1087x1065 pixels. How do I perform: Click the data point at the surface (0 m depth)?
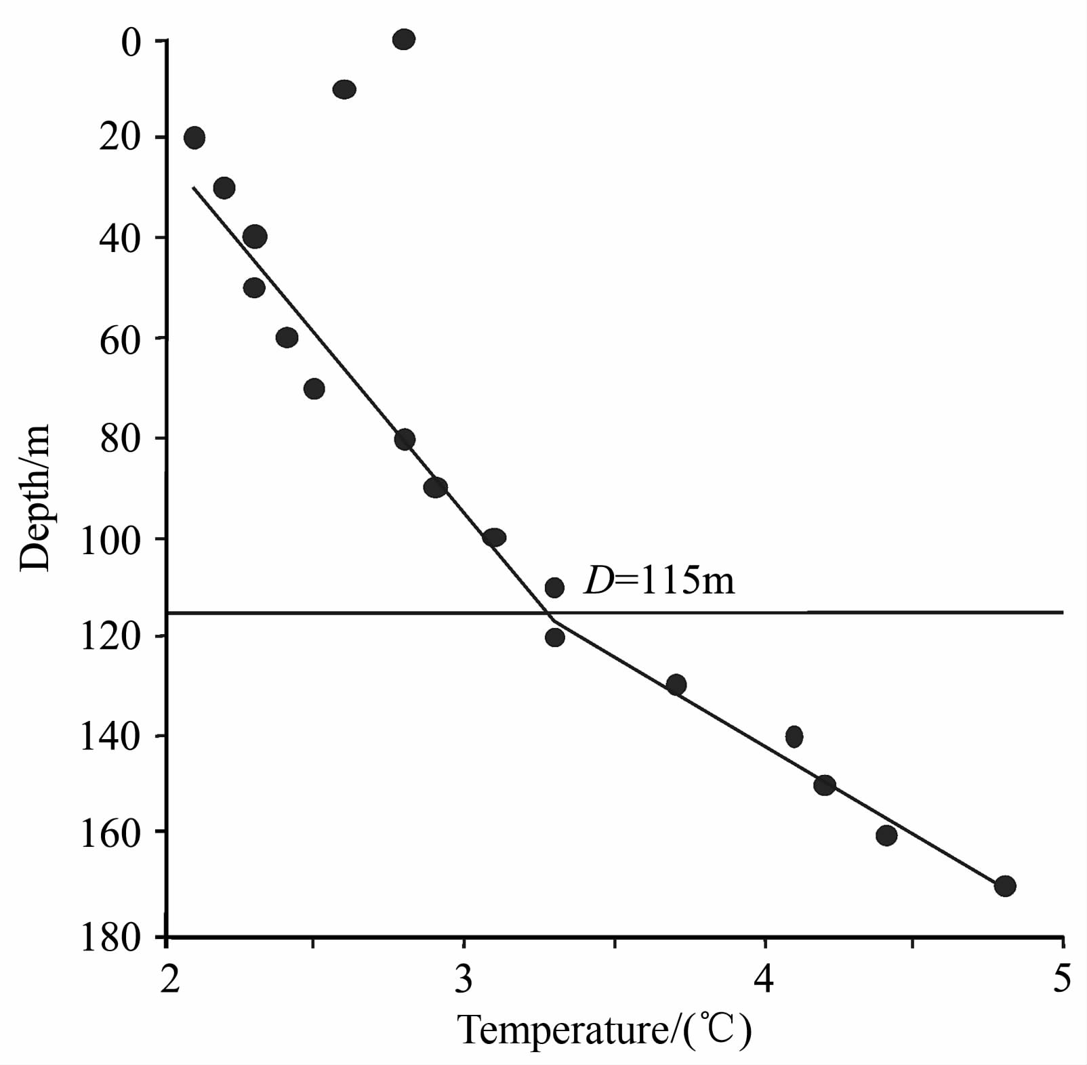point(403,39)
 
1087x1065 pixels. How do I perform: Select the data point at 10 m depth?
point(344,89)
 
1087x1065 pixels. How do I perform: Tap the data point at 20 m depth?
point(194,138)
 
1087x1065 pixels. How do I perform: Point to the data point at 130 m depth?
point(676,685)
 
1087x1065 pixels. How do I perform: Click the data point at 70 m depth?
point(314,389)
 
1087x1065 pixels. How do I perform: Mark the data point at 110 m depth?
point(554,587)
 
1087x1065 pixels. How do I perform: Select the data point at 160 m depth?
point(886,835)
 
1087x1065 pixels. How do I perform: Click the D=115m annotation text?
point(659,581)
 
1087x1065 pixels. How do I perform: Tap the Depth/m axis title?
point(35,498)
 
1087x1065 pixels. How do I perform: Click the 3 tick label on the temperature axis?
point(464,979)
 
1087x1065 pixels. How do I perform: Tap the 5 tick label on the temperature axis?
point(1062,979)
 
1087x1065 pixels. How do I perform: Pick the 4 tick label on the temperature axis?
point(764,979)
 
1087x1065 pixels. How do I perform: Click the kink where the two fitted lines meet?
point(552,619)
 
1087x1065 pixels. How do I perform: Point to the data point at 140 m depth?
point(794,736)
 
